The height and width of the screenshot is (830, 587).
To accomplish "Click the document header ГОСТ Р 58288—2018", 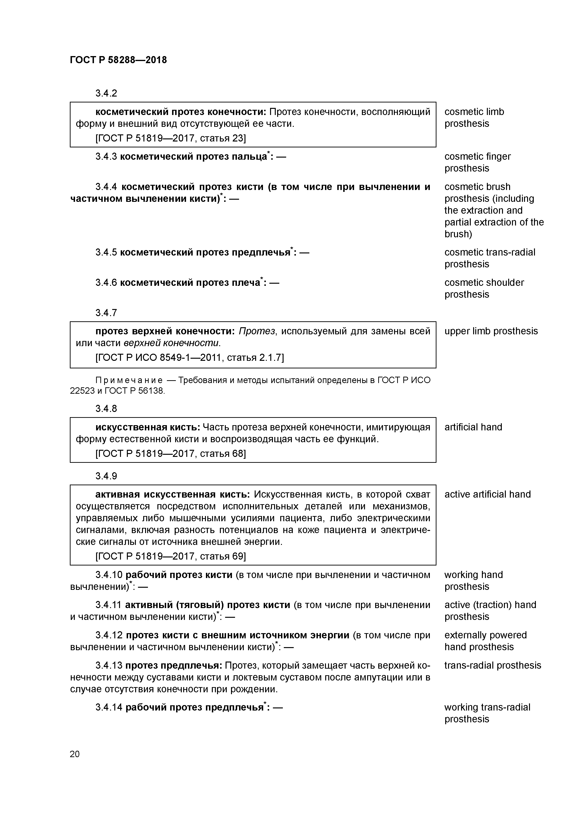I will (118, 60).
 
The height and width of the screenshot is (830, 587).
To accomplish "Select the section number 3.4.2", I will (106, 93).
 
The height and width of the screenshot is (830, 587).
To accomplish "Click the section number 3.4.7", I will (106, 313).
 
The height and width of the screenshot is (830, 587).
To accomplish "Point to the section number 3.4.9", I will (106, 476).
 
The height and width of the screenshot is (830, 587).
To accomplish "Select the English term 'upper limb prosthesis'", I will (491, 331).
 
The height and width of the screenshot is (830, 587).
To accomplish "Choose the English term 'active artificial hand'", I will (487, 494).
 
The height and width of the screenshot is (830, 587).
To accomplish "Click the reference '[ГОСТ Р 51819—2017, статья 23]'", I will (170, 138).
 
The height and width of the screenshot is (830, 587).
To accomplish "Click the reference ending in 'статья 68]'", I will (170, 454).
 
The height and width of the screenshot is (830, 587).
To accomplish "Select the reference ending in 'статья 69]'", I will (170, 556).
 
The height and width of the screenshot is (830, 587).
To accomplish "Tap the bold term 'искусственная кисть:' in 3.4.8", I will (147, 427).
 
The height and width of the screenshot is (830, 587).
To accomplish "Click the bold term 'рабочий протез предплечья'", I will (194, 707).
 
